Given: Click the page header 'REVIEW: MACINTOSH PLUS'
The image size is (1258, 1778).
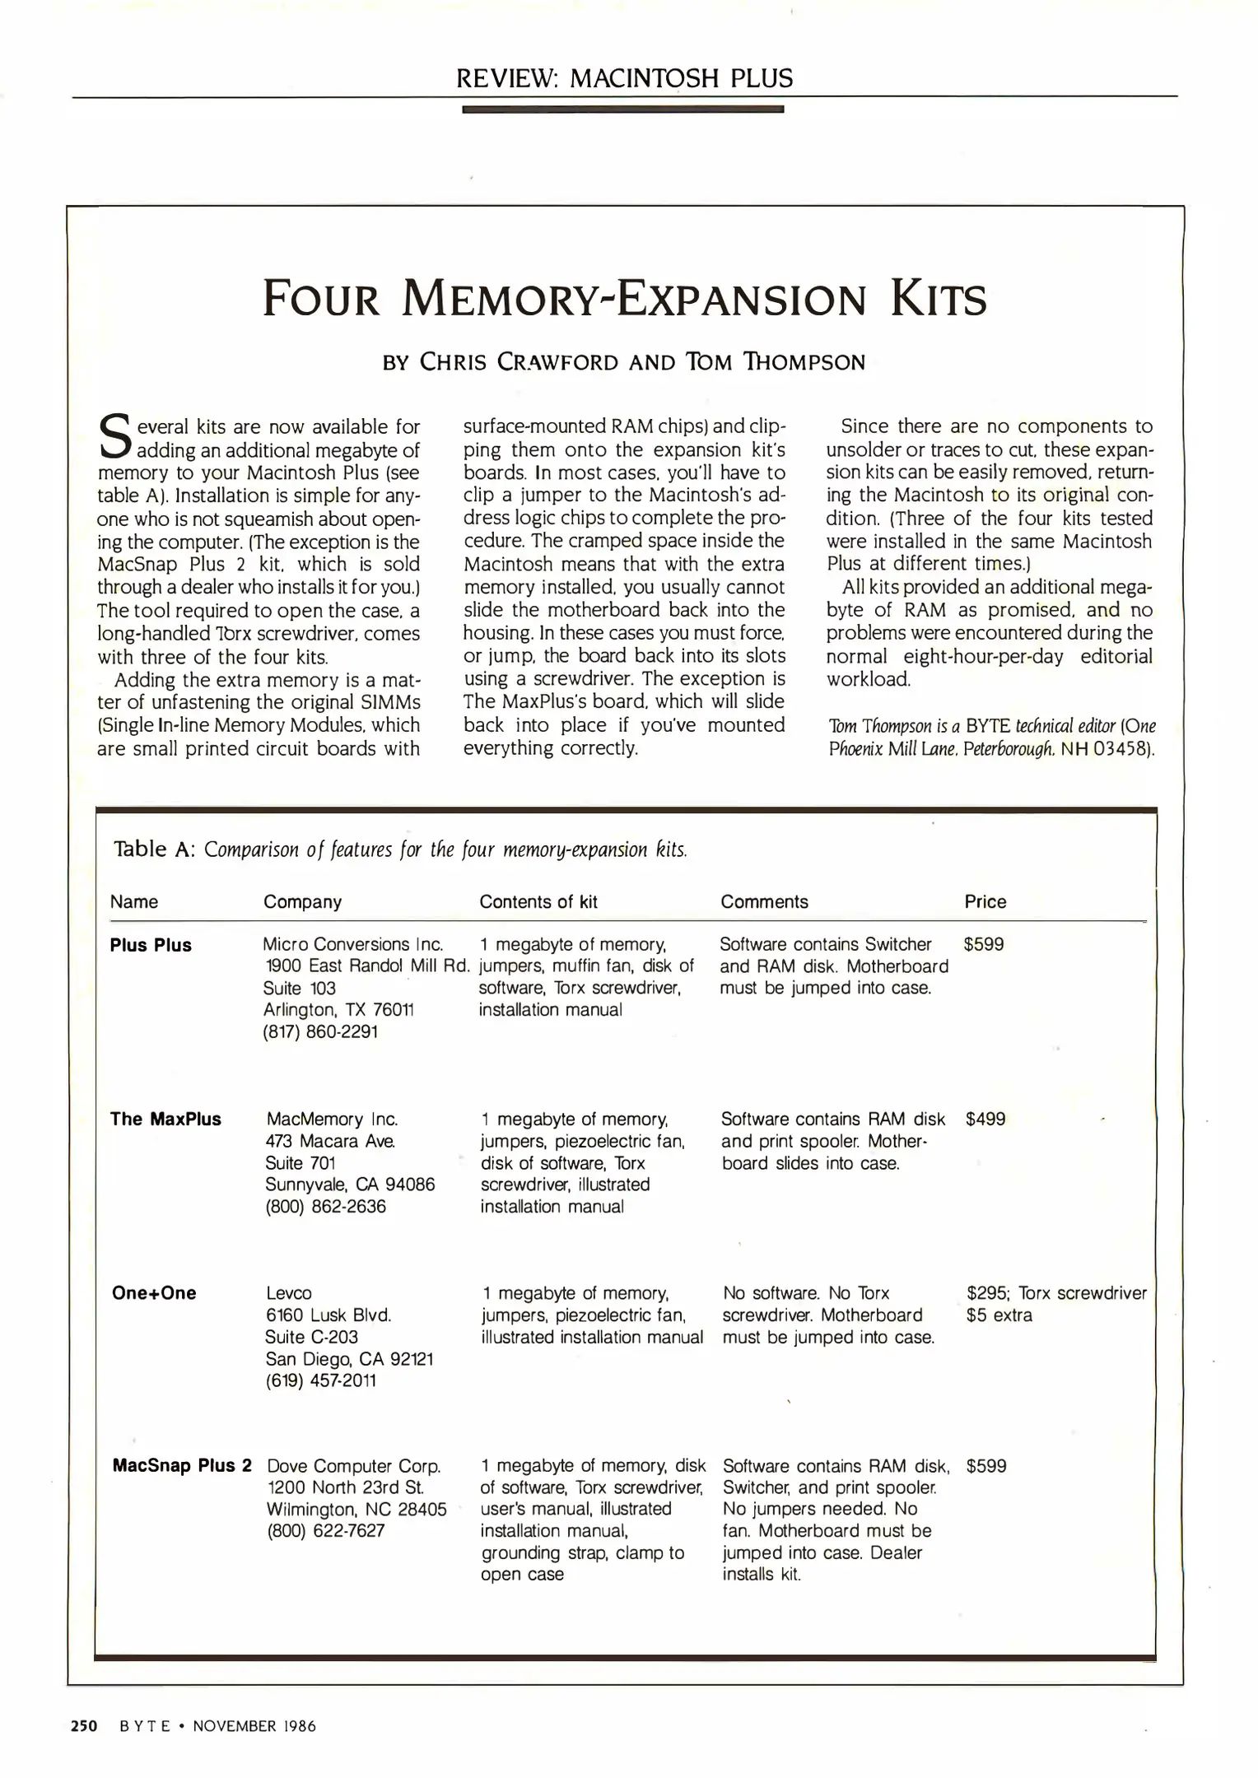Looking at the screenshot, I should pyautogui.click(x=624, y=78).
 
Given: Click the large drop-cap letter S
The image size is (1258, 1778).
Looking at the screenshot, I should pyautogui.click(x=114, y=438).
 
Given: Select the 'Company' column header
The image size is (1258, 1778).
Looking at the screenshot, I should pyautogui.click(x=302, y=901).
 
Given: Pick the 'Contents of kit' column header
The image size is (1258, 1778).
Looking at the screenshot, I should pyautogui.click(x=538, y=901).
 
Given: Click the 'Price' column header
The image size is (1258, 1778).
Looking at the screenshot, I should pyautogui.click(x=985, y=901).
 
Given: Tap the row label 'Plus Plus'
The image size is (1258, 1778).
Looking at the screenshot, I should pyautogui.click(x=151, y=945).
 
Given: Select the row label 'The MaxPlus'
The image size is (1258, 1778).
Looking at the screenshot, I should pyautogui.click(x=165, y=1119).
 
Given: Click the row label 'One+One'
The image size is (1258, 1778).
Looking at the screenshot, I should pyautogui.click(x=154, y=1292).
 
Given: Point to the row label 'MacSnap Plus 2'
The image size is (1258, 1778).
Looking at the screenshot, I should pyautogui.click(x=182, y=1466).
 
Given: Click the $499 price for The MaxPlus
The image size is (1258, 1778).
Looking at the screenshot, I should pyautogui.click(x=985, y=1119).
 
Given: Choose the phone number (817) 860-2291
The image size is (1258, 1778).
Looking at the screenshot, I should pyautogui.click(x=320, y=1031).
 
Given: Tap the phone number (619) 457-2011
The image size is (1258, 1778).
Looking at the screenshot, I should pyautogui.click(x=320, y=1380).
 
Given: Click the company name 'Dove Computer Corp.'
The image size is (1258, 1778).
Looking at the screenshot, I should pyautogui.click(x=354, y=1466).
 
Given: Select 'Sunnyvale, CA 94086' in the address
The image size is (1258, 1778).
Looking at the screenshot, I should pyautogui.click(x=350, y=1185).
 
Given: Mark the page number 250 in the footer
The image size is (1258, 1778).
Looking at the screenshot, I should pyautogui.click(x=84, y=1726).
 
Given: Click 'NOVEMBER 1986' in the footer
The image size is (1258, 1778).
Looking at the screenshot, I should pyautogui.click(x=254, y=1726).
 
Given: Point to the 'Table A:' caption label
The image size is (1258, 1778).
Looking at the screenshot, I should pyautogui.click(x=154, y=849).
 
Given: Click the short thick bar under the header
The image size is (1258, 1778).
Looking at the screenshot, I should pyautogui.click(x=622, y=109).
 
